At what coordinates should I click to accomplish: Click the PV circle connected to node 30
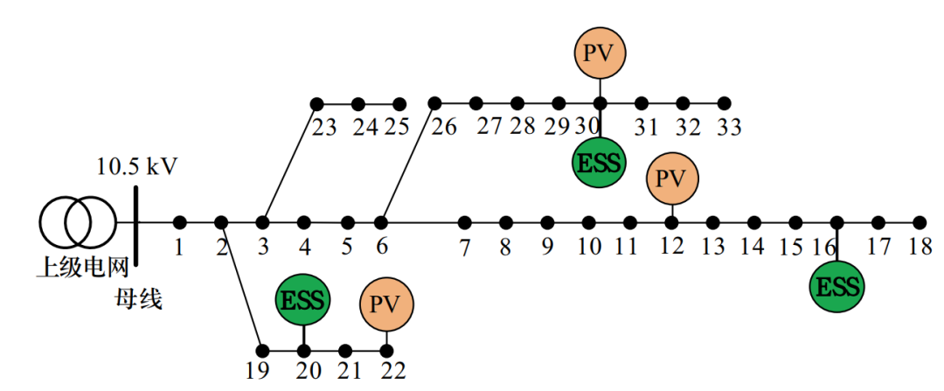tap(600, 53)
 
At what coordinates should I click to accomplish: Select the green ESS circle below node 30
tap(600, 162)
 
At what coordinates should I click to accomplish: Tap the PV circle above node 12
tap(671, 178)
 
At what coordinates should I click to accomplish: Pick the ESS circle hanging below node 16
tap(836, 286)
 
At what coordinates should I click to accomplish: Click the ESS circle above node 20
tap(303, 300)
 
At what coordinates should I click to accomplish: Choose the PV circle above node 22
tap(385, 304)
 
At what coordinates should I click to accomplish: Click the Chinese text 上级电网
tap(82, 267)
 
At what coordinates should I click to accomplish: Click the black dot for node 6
tap(381, 222)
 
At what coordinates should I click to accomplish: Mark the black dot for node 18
tap(919, 222)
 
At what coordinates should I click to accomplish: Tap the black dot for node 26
tap(434, 103)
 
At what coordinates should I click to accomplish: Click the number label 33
tap(729, 128)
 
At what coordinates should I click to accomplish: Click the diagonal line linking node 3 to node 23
tap(289, 163)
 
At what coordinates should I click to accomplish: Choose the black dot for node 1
tap(179, 222)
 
